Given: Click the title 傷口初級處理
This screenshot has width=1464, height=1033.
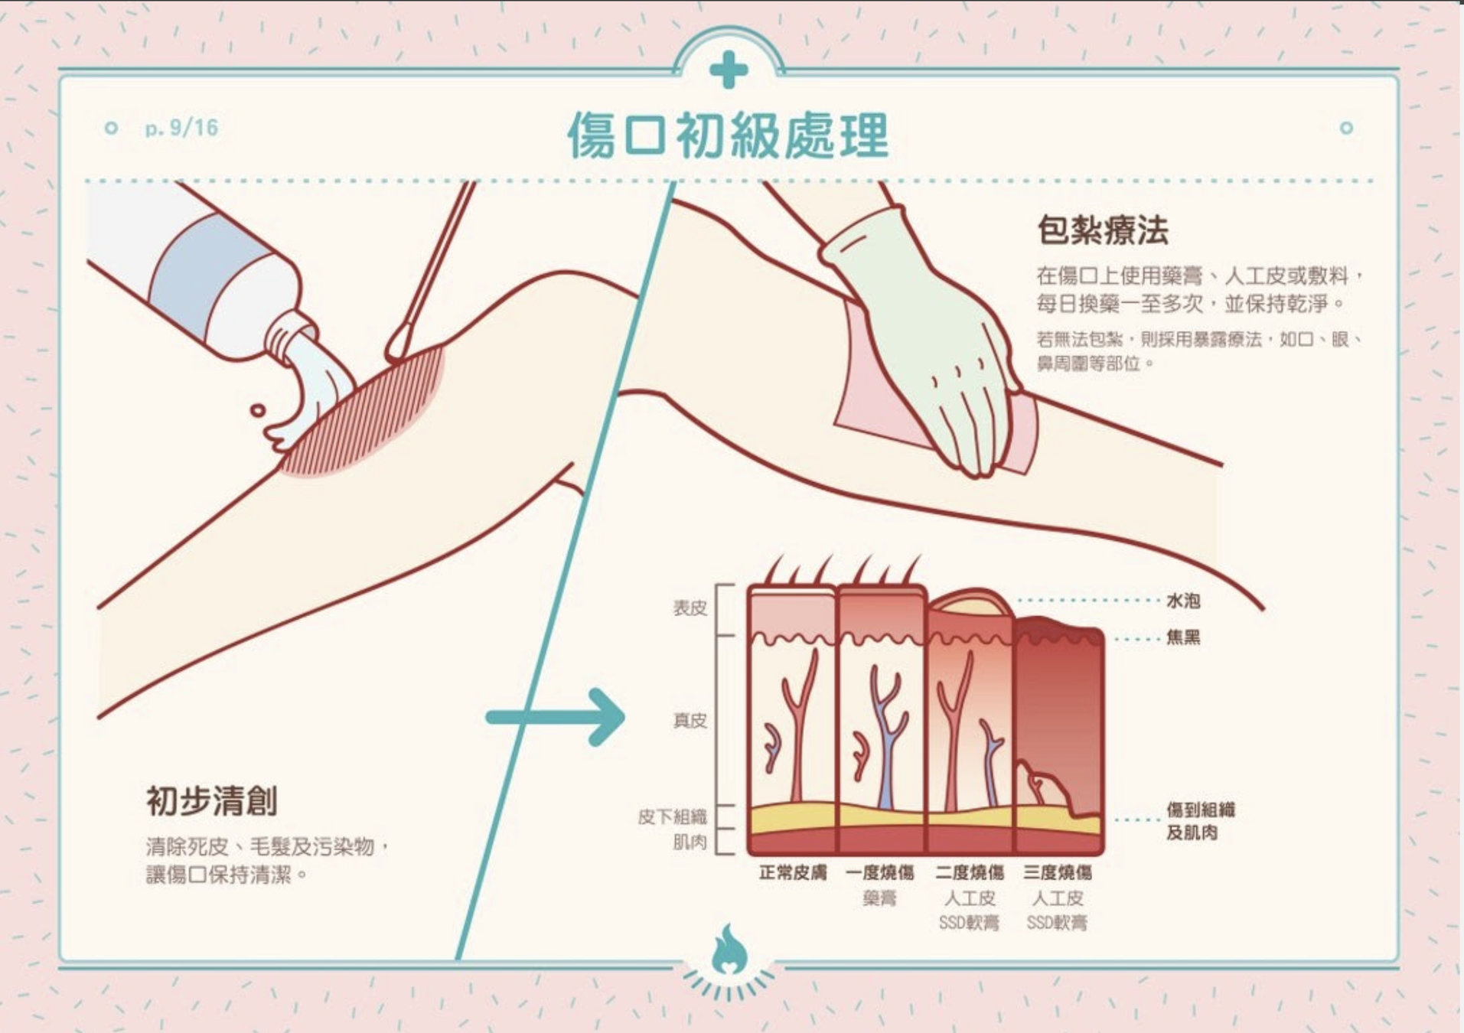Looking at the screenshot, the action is click(727, 136).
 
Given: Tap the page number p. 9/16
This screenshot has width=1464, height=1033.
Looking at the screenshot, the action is click(181, 128).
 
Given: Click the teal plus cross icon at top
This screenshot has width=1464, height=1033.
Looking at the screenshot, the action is click(728, 70).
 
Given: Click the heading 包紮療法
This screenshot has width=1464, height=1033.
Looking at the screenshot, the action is click(1103, 230).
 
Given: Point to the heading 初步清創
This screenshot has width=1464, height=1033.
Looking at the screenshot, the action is click(212, 801).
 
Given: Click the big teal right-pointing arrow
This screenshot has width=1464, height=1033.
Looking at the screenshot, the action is click(556, 717).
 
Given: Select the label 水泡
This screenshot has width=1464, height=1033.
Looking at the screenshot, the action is click(1182, 601).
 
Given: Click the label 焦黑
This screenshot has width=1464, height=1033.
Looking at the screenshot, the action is click(1182, 637).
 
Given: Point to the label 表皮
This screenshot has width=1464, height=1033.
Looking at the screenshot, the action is click(690, 608).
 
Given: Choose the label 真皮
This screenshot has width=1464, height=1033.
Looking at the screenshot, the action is click(690, 721).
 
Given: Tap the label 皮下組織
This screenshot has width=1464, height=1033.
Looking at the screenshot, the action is click(673, 817).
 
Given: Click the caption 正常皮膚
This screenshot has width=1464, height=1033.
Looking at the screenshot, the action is click(792, 873).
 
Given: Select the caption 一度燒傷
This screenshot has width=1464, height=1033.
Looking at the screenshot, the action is click(880, 873).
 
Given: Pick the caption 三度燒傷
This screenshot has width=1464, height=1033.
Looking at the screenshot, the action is click(1058, 873).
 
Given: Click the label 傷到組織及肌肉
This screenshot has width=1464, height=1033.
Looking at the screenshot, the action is click(1199, 820).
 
